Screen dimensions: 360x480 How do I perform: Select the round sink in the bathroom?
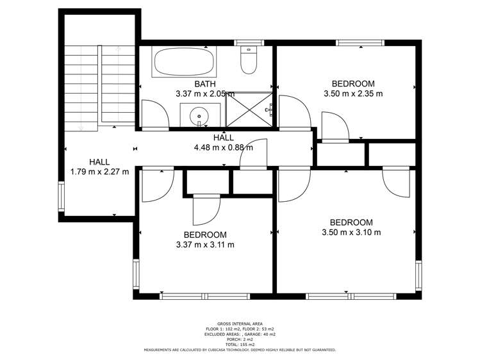tap(199, 115)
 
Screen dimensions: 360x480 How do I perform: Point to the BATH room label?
tap(205, 84)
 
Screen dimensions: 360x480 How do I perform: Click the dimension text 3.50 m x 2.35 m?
tap(352, 94)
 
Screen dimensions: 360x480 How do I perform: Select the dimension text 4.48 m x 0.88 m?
tap(223, 147)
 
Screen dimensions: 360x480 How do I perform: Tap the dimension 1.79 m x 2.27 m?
tap(99, 172)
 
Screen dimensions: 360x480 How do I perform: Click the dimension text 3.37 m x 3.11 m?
tap(204, 245)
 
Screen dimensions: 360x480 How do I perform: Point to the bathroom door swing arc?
tap(156, 114)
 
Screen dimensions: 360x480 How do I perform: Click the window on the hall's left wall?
tap(62, 197)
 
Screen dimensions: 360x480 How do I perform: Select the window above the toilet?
tap(245, 43)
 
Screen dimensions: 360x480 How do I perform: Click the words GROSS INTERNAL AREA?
tap(240, 323)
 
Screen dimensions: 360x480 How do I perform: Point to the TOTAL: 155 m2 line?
tap(240, 345)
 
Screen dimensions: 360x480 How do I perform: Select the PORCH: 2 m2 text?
tap(240, 340)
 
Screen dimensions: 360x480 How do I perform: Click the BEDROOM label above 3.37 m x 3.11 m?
tap(204, 235)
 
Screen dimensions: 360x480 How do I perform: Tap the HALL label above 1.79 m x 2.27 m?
tap(99, 162)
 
